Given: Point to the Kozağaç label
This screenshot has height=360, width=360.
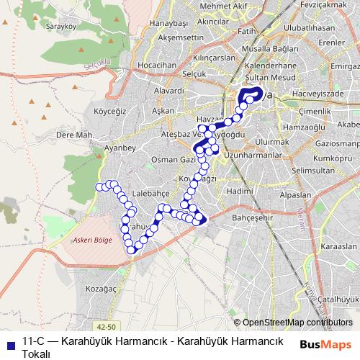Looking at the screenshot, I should pyautogui.click(x=100, y=287).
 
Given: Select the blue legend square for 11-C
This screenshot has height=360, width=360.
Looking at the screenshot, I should pyautogui.click(x=11, y=342).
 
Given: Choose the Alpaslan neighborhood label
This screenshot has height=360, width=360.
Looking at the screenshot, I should pyautogui.click(x=295, y=195).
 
